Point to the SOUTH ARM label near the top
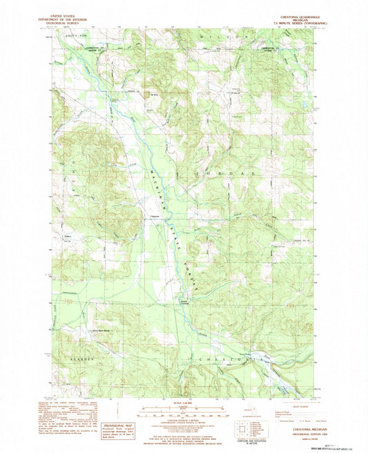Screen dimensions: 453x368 point(71,34)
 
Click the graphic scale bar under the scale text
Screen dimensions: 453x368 point(184,412)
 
